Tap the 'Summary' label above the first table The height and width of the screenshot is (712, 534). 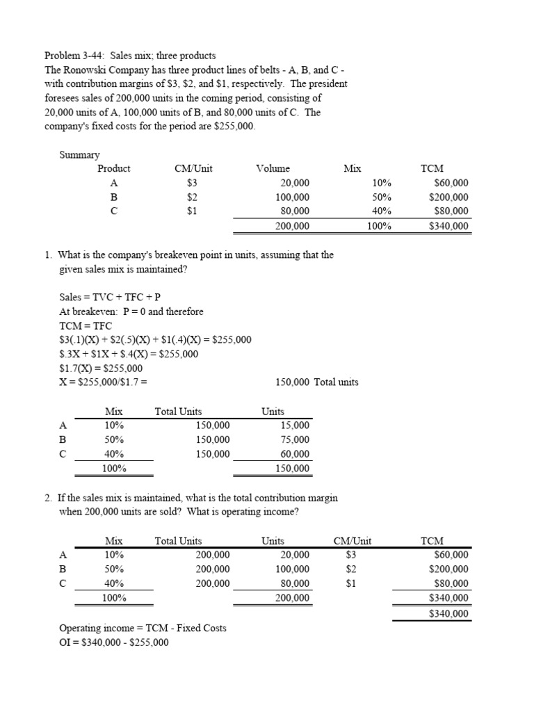point(79,154)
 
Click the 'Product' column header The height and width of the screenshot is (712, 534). point(113,168)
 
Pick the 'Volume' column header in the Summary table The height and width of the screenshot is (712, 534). point(273,168)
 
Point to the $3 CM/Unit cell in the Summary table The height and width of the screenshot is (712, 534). point(193,183)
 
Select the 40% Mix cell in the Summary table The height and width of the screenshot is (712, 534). point(382,211)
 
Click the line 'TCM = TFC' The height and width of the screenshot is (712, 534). point(86,325)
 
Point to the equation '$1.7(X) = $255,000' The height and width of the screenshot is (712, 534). point(101,368)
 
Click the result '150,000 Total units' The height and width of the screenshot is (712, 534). point(317,382)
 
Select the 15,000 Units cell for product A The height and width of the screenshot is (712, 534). point(295,426)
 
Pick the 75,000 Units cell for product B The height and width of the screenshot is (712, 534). point(295,439)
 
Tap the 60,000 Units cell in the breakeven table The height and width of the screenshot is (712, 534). point(295,454)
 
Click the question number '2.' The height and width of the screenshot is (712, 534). point(48,498)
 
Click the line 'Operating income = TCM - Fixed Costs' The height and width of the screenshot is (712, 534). point(143,628)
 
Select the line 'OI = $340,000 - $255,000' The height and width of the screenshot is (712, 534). point(114,642)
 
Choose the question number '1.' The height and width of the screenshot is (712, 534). point(48,254)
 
